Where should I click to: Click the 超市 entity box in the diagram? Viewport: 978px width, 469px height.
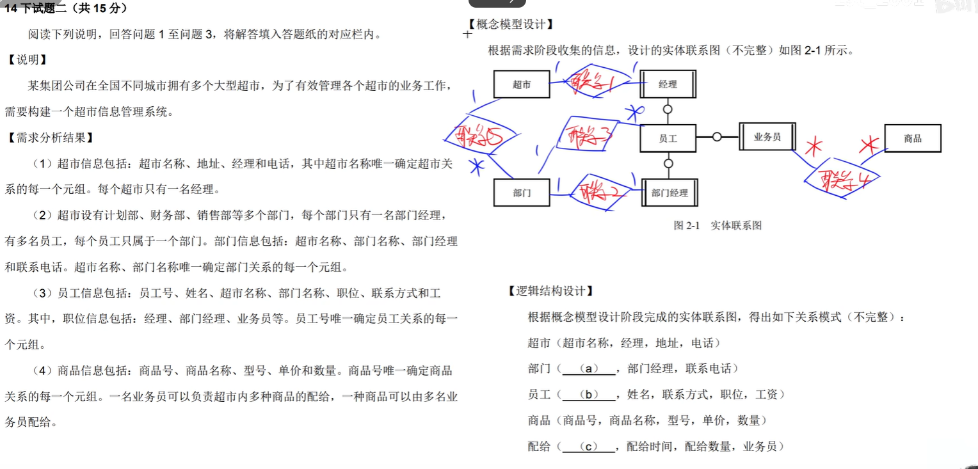click(522, 84)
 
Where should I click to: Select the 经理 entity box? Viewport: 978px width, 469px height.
click(668, 84)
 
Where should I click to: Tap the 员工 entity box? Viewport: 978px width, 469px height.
click(668, 138)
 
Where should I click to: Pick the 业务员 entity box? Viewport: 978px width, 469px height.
click(767, 137)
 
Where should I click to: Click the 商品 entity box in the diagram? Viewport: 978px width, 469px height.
click(912, 138)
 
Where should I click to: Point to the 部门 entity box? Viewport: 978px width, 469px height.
click(522, 193)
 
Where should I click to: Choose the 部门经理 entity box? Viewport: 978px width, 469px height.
click(669, 193)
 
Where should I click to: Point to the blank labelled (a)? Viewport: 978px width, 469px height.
click(588, 369)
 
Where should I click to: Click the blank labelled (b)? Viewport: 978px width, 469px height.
click(588, 395)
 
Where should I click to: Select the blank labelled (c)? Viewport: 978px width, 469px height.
click(588, 447)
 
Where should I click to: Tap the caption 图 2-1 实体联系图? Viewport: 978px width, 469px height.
click(717, 225)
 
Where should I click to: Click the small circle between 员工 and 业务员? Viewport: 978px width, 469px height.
click(717, 137)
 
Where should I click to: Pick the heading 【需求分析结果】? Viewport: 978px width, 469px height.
click(50, 138)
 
